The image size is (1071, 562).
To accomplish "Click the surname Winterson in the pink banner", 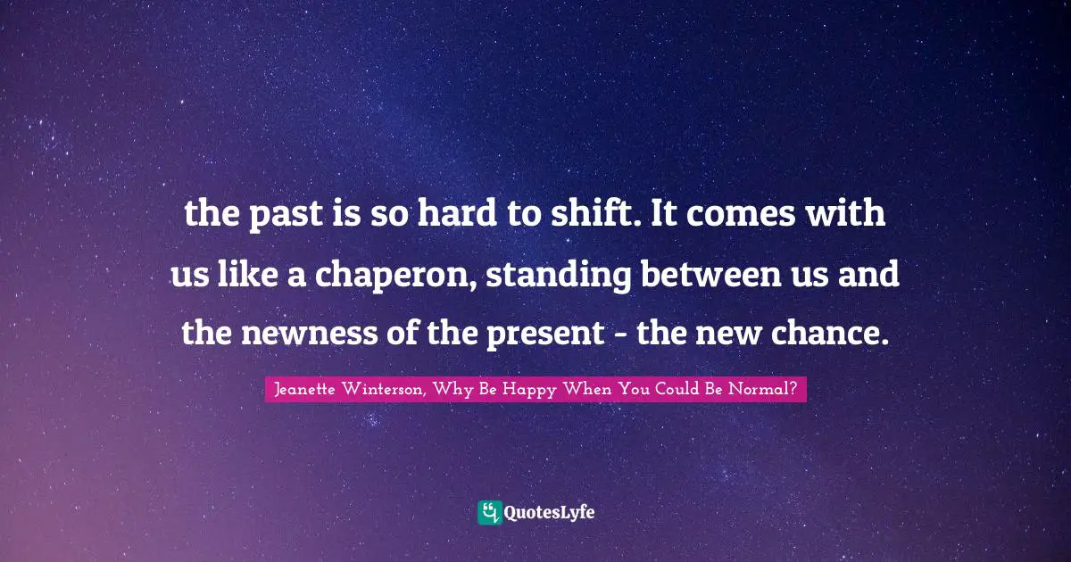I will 386,389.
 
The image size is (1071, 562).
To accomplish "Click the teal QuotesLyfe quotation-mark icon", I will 489,512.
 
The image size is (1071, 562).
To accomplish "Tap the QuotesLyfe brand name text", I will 551,513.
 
